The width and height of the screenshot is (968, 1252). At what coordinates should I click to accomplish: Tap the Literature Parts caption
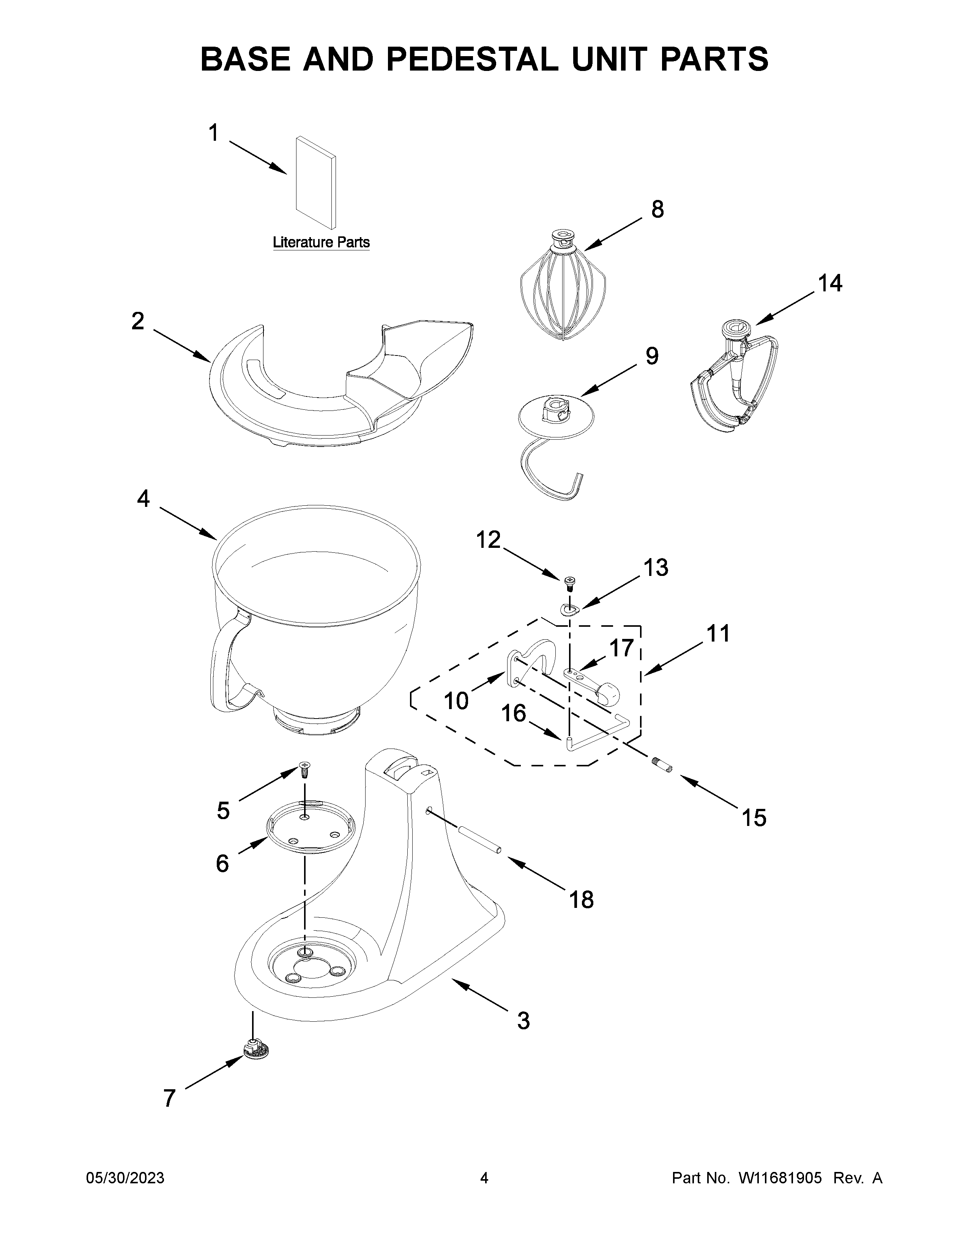[x=321, y=242]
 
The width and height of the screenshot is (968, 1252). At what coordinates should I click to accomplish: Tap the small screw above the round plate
[x=304, y=768]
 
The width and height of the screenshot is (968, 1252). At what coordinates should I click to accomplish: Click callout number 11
[x=717, y=634]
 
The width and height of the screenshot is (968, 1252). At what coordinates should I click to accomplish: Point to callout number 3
[x=523, y=1021]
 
